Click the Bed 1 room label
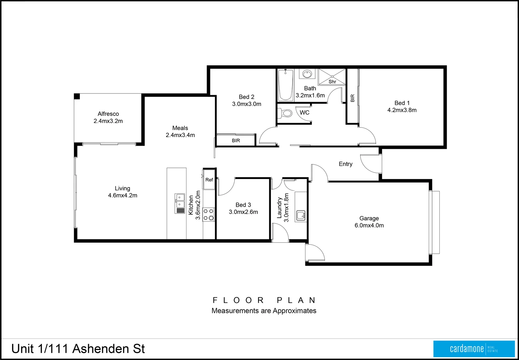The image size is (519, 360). coord(402,103)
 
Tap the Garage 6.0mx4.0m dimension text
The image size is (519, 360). coord(369,225)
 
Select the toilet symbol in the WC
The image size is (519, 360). coord(285,113)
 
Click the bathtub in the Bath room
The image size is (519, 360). coord(286,85)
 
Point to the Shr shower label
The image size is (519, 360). coord(332,82)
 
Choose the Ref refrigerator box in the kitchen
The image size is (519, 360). coord(209,179)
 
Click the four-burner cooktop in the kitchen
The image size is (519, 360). coord(209,214)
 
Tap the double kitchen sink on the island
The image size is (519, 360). coord(180,204)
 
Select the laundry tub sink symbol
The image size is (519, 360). coord(301,216)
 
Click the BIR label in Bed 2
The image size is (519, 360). coord(236,141)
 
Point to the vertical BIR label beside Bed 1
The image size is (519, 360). coord(353,98)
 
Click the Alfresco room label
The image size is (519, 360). coord(108,114)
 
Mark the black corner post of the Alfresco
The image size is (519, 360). coord(77,97)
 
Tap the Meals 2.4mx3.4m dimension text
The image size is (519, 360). coord(180,135)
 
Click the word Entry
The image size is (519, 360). coord(345,164)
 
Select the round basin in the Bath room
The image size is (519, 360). coord(307,74)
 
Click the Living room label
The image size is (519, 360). coord(122,188)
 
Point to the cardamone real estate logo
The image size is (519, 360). coord(474,349)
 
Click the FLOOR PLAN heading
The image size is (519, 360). coord(264,300)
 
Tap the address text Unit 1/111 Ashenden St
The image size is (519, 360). coord(78,349)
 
